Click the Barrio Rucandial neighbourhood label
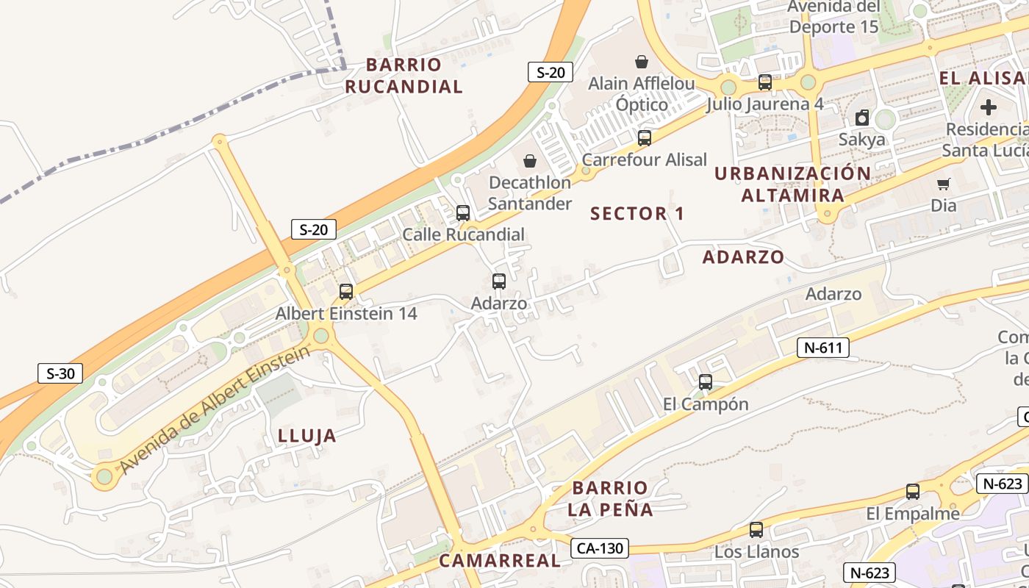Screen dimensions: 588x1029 tap(404, 76)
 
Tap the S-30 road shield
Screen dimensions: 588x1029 tap(60, 373)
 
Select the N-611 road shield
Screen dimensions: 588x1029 tap(822, 348)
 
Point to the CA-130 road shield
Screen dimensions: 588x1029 tap(600, 548)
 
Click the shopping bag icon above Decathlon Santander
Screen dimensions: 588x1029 tap(529, 161)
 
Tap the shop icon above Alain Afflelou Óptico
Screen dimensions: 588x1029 tap(642, 62)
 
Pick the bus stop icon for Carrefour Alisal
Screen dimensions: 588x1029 tap(645, 137)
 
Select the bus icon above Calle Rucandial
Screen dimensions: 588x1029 tap(463, 213)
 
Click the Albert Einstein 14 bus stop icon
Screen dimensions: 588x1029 tap(346, 292)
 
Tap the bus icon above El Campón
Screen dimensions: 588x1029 tap(706, 382)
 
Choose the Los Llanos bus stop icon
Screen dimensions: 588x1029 tap(756, 530)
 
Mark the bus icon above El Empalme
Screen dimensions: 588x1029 tap(913, 492)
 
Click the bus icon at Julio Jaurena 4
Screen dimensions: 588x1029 tap(765, 82)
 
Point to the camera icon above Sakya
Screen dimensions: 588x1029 tap(862, 118)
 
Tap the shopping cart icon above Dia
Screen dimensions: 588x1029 tap(943, 184)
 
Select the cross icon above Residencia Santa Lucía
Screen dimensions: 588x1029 tap(989, 107)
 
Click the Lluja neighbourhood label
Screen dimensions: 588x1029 tap(307, 436)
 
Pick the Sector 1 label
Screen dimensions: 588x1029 tap(637, 214)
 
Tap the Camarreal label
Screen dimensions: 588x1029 tap(499, 561)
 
